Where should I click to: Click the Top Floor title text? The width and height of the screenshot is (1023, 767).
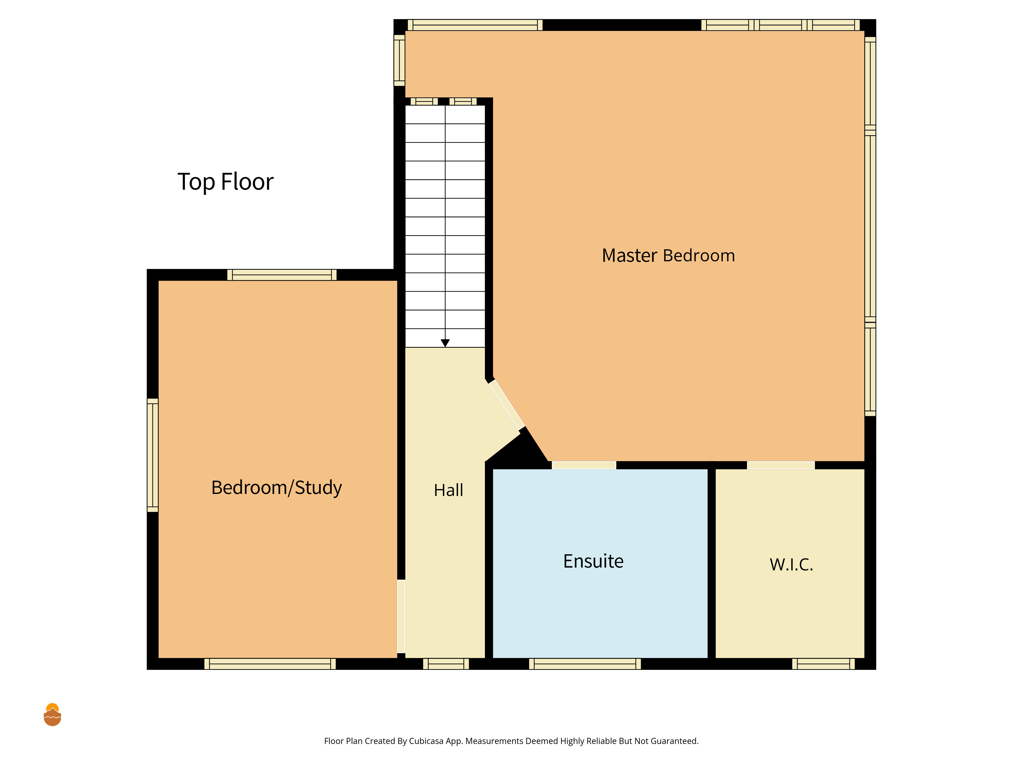pos(225,182)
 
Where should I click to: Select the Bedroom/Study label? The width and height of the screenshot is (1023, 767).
pos(276,488)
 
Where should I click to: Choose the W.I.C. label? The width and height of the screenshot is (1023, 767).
pos(791,565)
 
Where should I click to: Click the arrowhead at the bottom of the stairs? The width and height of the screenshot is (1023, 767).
pos(445,343)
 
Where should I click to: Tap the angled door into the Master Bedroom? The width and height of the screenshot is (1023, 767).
pos(507,404)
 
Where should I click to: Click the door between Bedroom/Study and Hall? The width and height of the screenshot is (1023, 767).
pos(401,616)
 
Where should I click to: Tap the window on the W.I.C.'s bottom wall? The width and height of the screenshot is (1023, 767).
pos(823,664)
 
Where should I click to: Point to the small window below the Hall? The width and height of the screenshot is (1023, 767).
pos(446,664)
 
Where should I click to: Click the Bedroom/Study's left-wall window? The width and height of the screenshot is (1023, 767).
pos(153,455)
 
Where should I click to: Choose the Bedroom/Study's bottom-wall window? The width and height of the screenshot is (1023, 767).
pos(270,664)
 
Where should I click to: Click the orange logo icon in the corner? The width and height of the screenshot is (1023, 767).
pos(52,715)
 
